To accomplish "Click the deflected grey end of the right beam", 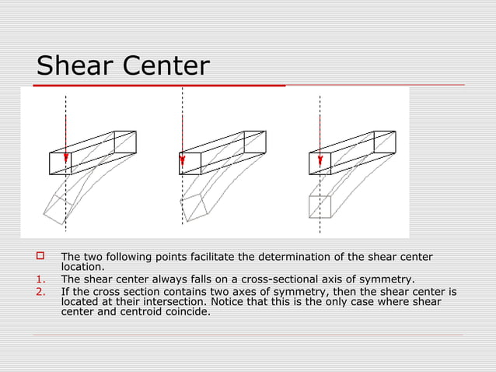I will coord(320,206).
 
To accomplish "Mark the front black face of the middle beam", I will coord(190,163).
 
